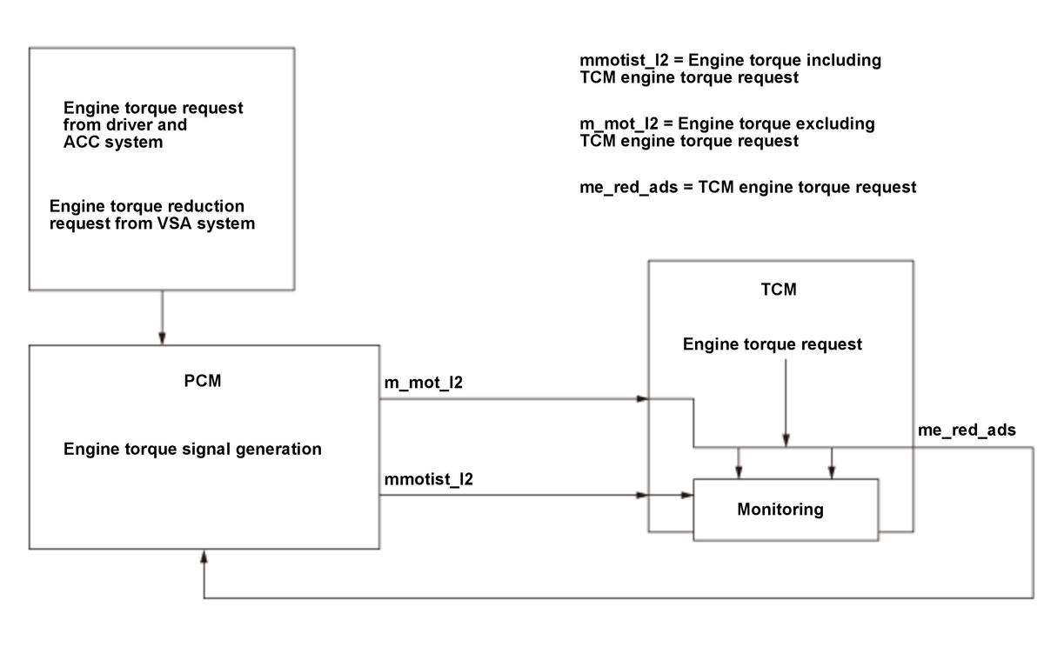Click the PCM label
click(202, 381)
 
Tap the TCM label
click(779, 290)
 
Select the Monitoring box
click(786, 510)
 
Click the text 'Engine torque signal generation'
click(192, 449)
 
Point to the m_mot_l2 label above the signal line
click(423, 383)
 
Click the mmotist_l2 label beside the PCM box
click(429, 479)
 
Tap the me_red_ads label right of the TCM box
click(967, 430)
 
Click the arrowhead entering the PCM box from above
click(162, 338)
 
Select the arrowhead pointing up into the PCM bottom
click(204, 557)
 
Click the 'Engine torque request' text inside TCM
click(773, 344)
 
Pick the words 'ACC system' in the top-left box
click(113, 142)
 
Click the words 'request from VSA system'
click(152, 223)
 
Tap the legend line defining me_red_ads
click(747, 187)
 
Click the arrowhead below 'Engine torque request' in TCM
click(786, 441)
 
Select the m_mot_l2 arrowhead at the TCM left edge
click(642, 399)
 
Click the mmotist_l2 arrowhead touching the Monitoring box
click(687, 495)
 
